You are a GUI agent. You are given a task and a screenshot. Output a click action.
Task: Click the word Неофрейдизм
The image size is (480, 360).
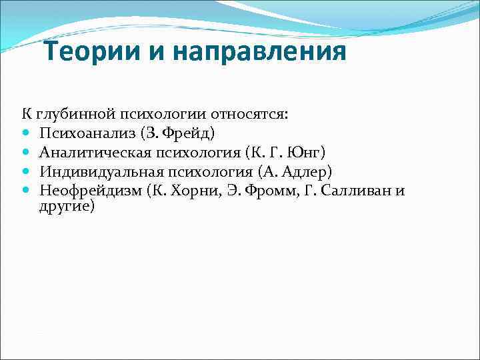pos(91,191)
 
